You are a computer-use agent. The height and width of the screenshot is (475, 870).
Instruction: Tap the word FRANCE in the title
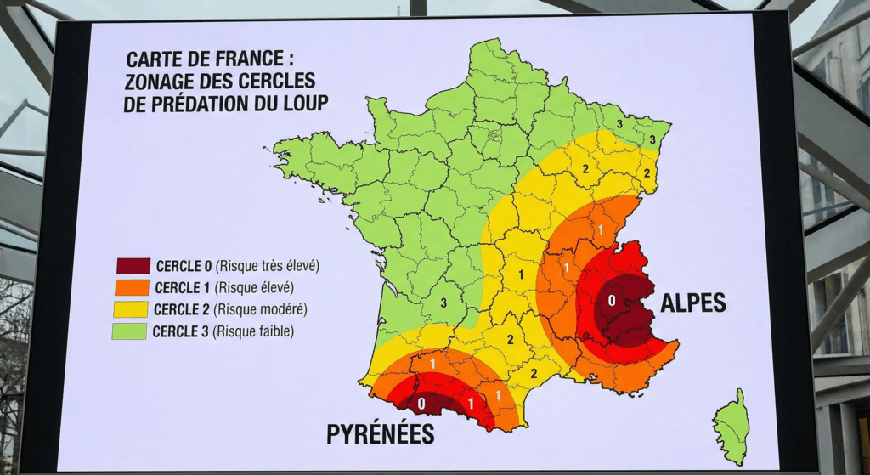(x=245, y=60)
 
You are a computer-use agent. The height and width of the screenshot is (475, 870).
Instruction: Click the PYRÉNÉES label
(x=380, y=434)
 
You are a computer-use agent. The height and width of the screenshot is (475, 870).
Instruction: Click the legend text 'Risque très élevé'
(x=268, y=266)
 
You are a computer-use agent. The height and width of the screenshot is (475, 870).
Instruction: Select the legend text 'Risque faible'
(x=255, y=331)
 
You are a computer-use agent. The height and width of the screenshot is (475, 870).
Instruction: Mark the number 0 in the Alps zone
(x=611, y=300)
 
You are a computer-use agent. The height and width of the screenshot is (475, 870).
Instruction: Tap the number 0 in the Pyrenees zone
(x=422, y=403)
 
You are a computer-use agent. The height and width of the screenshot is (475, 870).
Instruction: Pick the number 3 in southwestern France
(x=443, y=302)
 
